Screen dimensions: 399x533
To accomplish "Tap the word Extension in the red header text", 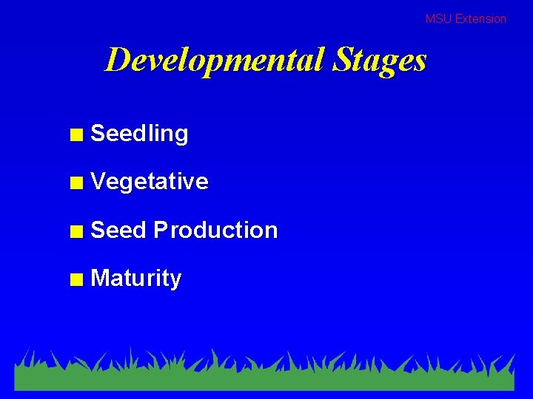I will point(480,19).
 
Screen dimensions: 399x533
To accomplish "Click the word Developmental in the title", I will point(215,60).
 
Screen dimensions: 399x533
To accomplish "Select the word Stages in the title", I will point(379,60).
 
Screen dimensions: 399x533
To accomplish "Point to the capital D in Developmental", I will point(117,59).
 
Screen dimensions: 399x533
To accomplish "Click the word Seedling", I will point(139,134).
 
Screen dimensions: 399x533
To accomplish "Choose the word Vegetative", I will point(149,182).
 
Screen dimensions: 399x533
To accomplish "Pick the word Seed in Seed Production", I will point(118,230).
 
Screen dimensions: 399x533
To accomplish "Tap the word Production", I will point(215,230).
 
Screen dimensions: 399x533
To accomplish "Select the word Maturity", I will point(135,279).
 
